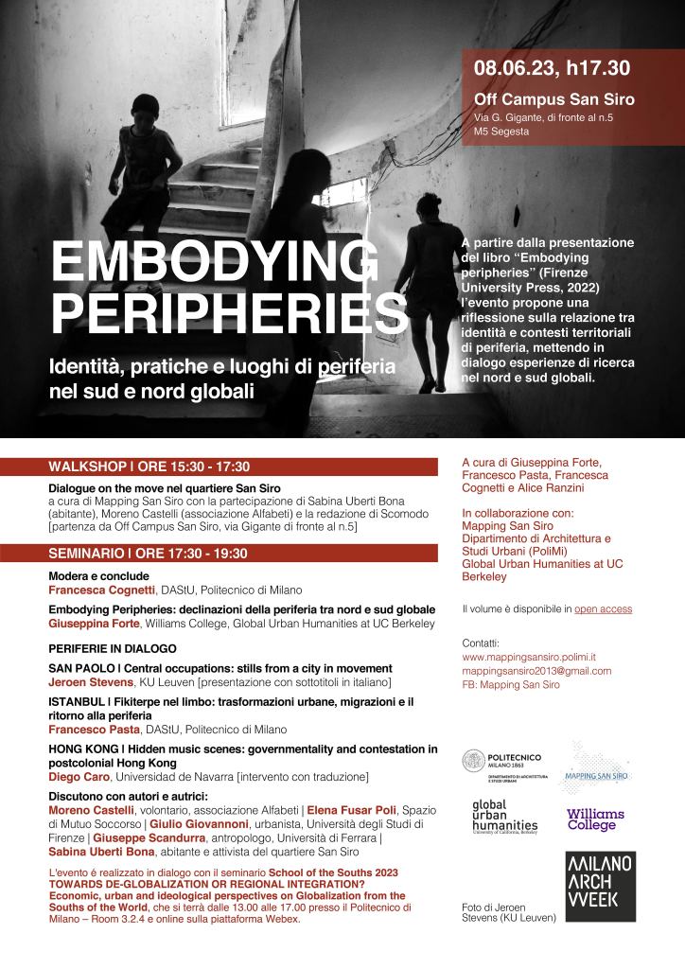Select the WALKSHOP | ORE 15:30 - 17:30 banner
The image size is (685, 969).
(x=149, y=467)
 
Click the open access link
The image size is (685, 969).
(x=603, y=608)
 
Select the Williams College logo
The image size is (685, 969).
(x=595, y=819)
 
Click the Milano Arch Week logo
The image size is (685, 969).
(x=599, y=887)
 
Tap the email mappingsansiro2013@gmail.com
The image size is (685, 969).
(x=536, y=671)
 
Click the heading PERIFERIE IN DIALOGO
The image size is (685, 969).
(x=113, y=649)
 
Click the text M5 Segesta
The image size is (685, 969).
(x=501, y=132)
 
